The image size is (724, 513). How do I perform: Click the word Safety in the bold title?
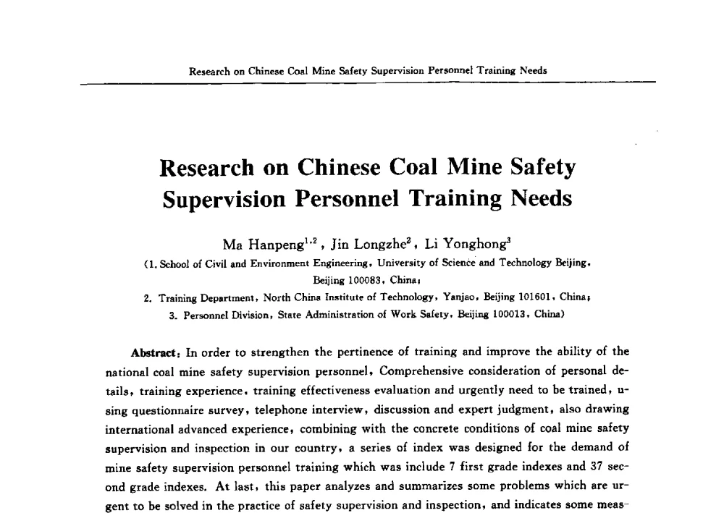tap(534, 167)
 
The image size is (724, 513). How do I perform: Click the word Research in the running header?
tap(208, 71)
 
